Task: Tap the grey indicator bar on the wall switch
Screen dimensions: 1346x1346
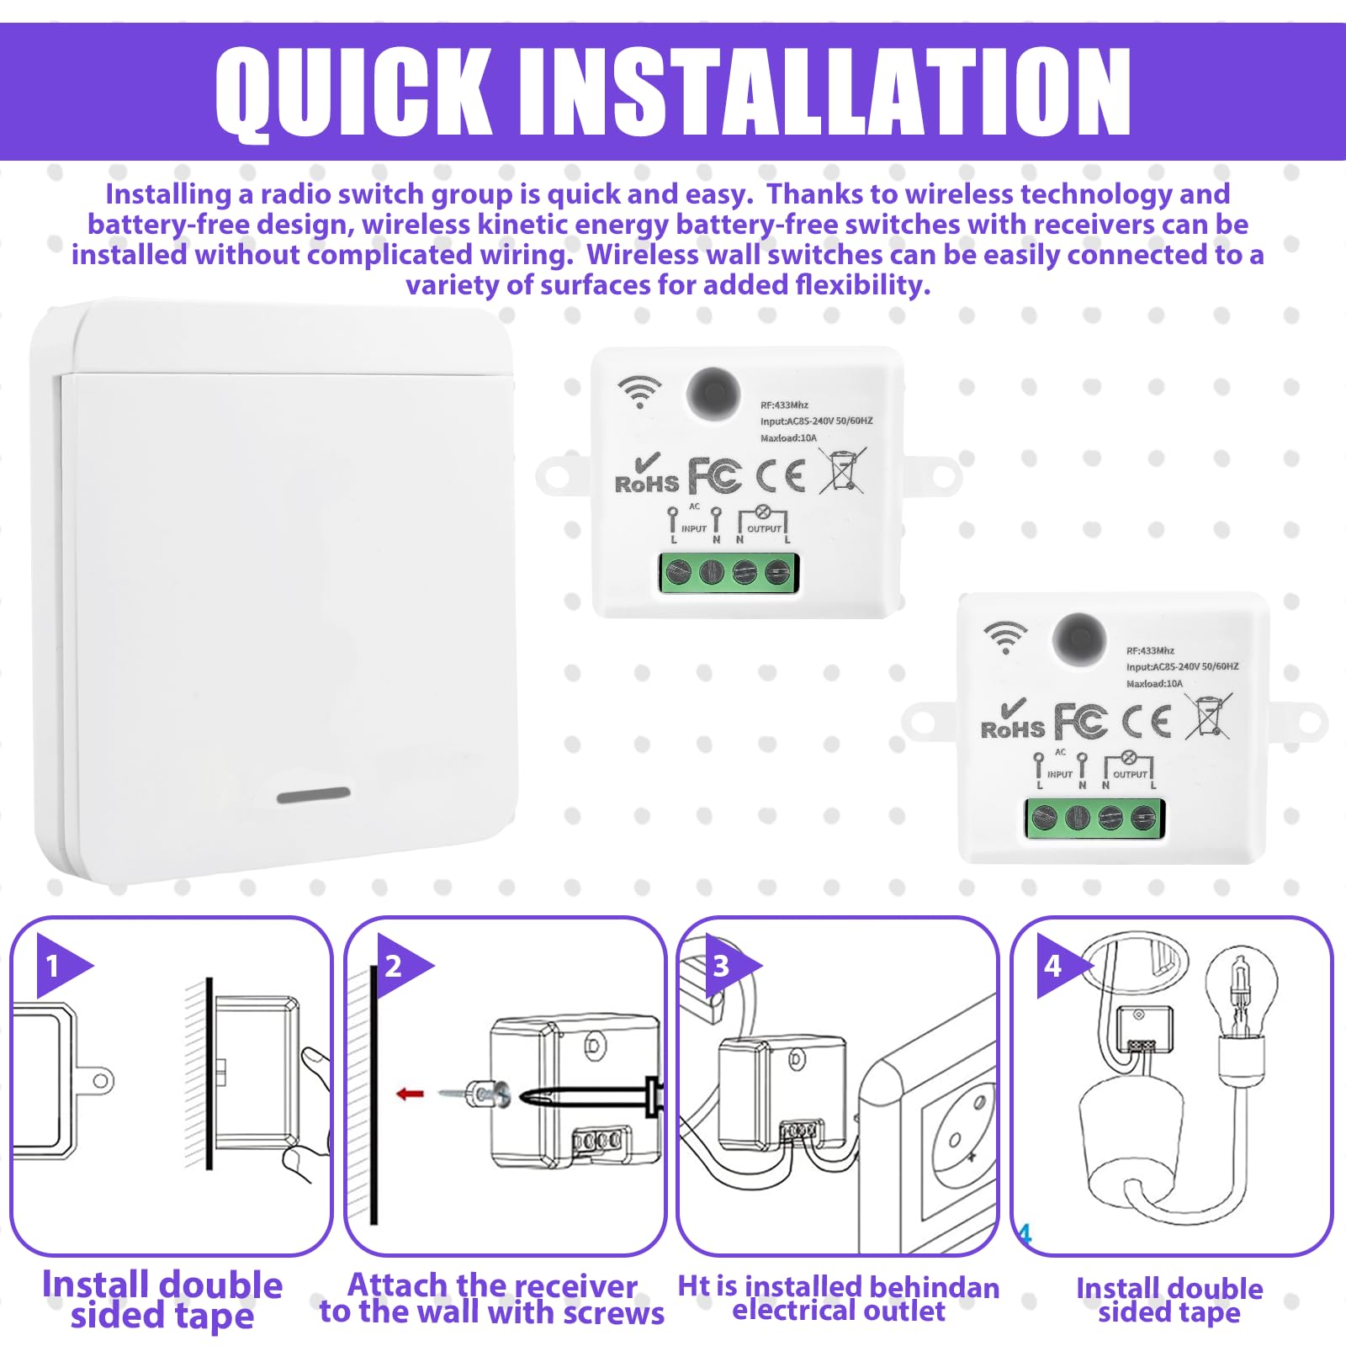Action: coord(314,795)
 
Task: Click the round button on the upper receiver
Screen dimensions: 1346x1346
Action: coord(713,393)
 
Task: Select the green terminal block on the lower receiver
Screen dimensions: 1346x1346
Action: coord(1094,818)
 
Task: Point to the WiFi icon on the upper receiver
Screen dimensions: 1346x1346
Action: coord(640,392)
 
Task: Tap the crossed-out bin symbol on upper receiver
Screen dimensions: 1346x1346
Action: coord(843,471)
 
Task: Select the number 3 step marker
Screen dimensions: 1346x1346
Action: coord(721,966)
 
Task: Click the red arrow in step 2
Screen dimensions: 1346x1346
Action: coord(411,1094)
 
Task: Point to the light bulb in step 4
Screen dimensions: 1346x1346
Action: coord(1240,993)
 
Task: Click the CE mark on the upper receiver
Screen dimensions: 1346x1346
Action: coord(781,476)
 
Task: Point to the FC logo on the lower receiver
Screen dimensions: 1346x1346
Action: coord(1081,722)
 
